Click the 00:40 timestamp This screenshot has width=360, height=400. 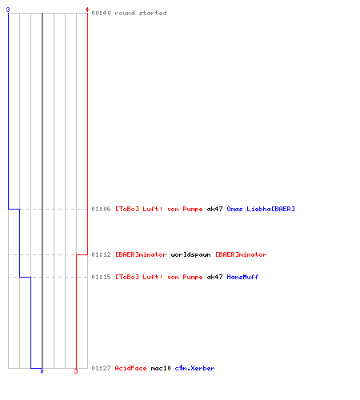101,13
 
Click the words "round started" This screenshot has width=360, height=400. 141,13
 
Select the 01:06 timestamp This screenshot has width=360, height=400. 101,209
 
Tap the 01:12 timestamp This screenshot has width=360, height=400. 101,254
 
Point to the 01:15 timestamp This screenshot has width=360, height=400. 101,277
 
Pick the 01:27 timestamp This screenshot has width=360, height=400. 101,368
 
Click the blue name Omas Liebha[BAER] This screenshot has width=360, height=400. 261,209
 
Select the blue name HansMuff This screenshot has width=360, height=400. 242,277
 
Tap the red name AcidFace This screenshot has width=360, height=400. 130,368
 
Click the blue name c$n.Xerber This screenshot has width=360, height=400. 194,368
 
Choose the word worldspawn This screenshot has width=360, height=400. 190,255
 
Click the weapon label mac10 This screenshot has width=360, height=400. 161,368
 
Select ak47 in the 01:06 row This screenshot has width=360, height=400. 214,209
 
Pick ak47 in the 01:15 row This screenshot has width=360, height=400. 214,277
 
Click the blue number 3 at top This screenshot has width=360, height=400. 8,10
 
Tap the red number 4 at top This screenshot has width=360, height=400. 87,10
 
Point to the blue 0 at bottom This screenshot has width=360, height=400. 42,371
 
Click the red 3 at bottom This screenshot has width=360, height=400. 76,371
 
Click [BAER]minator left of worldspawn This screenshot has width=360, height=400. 141,254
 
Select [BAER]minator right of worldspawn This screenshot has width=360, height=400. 241,254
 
